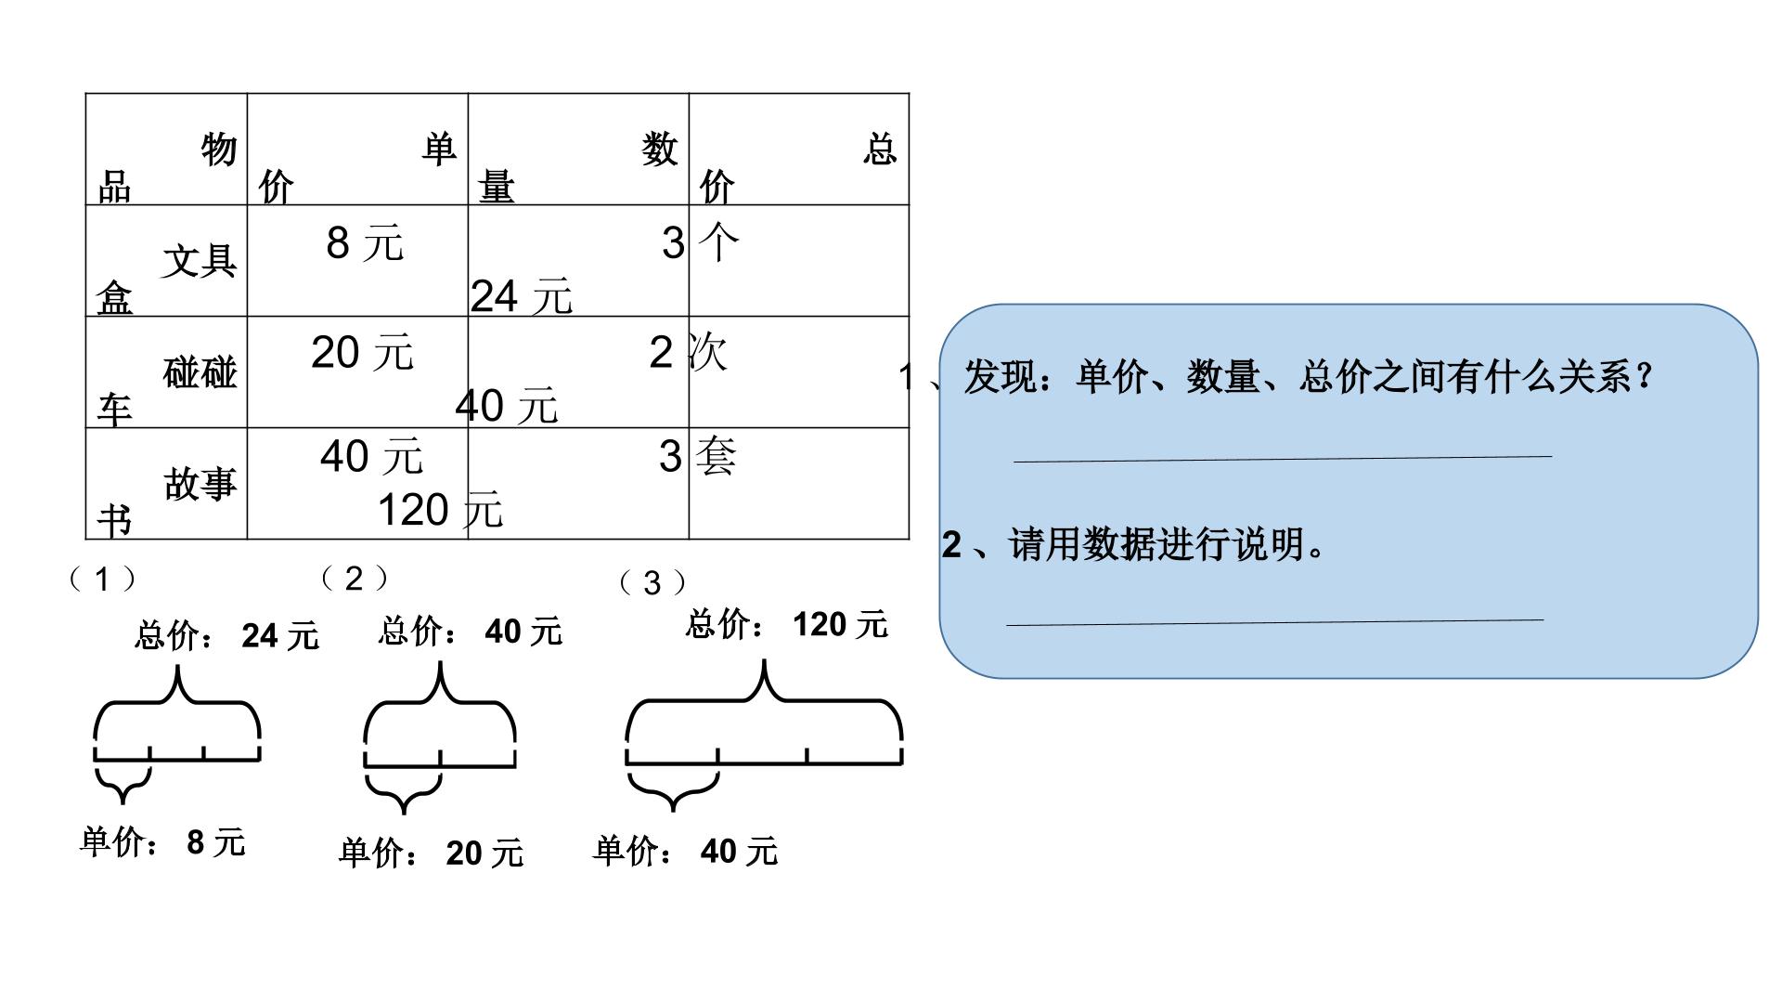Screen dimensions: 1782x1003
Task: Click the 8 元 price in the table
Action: (x=365, y=243)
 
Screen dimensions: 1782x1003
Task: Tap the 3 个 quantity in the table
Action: (x=701, y=243)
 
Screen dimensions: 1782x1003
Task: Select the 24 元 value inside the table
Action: (x=522, y=297)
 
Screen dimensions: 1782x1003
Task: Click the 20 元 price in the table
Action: (x=362, y=353)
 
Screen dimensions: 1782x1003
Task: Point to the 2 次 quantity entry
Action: (x=689, y=353)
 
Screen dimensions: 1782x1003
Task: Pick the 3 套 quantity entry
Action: (x=698, y=457)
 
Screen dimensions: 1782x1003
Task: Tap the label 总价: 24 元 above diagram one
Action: (x=227, y=636)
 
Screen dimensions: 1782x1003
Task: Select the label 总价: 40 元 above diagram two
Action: (x=471, y=632)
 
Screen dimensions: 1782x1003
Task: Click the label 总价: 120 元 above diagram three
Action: (x=787, y=624)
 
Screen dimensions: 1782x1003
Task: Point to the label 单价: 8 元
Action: (x=163, y=842)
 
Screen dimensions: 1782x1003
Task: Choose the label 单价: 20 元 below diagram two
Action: (x=432, y=853)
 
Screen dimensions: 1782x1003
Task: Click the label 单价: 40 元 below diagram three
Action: (x=686, y=851)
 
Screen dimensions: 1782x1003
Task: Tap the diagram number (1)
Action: (x=102, y=580)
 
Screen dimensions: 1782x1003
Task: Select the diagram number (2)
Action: (x=354, y=579)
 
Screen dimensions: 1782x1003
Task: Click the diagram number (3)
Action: (x=652, y=583)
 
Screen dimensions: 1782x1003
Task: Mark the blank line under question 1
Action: (x=1283, y=458)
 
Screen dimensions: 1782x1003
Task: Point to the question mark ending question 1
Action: (x=1645, y=377)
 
